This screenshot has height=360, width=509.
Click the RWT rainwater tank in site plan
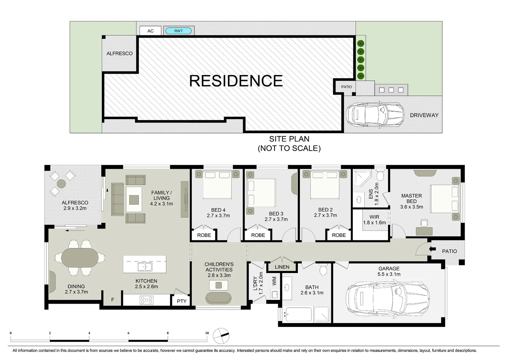[179, 31]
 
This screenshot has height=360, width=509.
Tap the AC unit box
[150, 31]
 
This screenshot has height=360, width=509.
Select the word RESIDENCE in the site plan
[236, 81]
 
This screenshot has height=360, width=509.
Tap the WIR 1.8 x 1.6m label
[374, 220]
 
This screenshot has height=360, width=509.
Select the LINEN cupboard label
[282, 267]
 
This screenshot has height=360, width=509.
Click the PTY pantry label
[182, 301]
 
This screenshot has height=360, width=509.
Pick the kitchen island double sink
[145, 267]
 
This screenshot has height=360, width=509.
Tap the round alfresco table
[61, 184]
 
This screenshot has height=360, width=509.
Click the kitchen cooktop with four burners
[147, 300]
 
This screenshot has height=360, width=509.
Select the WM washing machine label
[274, 281]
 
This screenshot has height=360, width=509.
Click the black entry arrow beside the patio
[432, 249]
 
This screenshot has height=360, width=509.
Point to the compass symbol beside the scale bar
[221, 336]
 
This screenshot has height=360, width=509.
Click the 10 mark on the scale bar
[207, 333]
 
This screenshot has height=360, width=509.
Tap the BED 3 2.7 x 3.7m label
[276, 216]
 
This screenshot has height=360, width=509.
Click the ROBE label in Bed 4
[204, 235]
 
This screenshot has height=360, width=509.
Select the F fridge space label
[113, 300]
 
